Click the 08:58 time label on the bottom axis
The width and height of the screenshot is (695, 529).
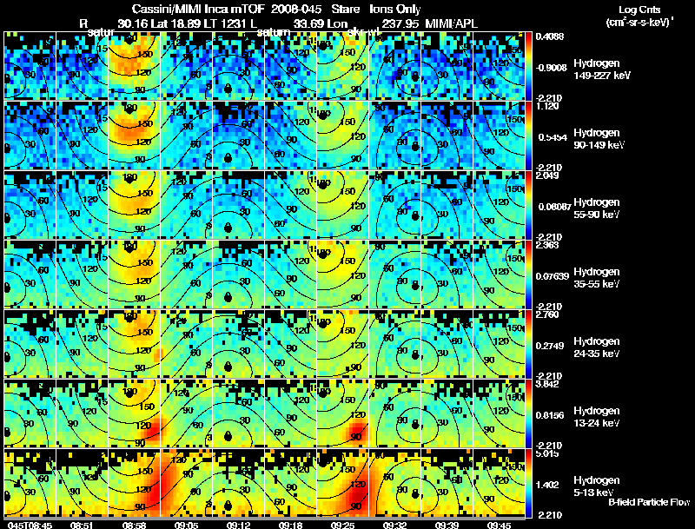pos(134,525)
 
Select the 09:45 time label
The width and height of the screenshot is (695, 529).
pos(500,525)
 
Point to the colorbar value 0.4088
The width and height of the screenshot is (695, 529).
pos(550,36)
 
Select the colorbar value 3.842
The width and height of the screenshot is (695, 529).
pos(547,384)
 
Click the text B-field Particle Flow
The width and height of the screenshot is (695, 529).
pos(648,502)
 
